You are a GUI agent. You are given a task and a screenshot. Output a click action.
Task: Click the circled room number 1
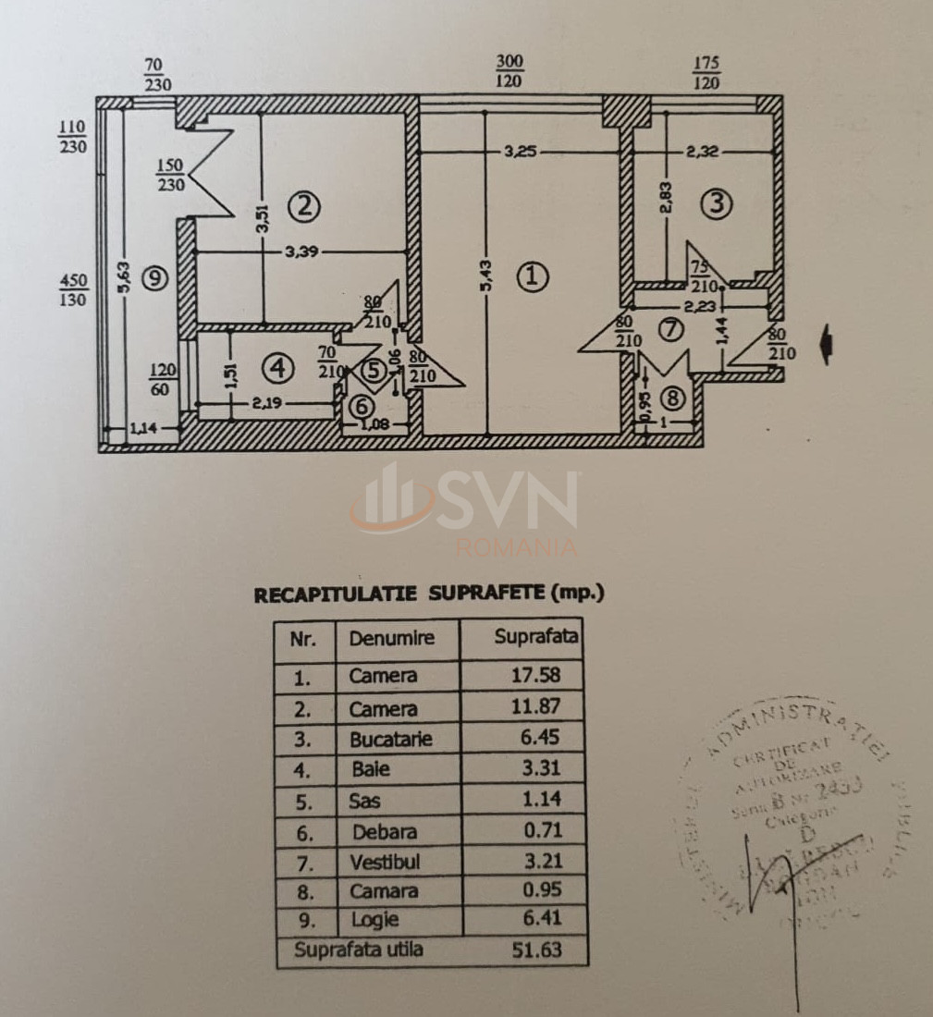pos(532,276)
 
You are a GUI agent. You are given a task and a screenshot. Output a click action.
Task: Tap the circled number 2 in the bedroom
pos(306,207)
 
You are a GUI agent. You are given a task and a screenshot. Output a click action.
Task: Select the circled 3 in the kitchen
pos(716,204)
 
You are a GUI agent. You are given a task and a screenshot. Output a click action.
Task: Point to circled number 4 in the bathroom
pos(275,368)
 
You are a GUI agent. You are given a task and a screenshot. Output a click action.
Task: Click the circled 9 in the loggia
pos(155,276)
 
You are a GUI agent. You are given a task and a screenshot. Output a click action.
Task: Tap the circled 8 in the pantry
pos(673,398)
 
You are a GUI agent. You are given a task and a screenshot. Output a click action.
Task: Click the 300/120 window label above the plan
pos(509,71)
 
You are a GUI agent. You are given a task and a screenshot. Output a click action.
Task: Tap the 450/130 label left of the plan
pos(73,289)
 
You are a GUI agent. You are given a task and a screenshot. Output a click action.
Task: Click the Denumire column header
pos(391,638)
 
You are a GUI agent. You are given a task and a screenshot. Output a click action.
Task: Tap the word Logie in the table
pos(375,920)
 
